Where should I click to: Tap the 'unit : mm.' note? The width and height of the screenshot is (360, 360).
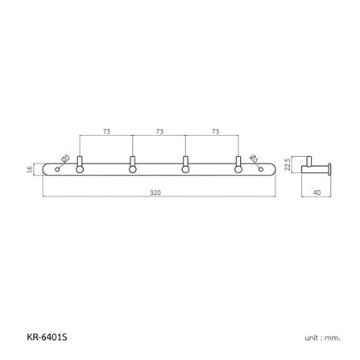[x=323, y=337]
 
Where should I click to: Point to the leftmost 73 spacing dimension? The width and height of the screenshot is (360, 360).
[x=106, y=130]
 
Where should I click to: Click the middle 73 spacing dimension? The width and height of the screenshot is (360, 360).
[x=159, y=130]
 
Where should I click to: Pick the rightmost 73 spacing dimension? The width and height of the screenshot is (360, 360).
[x=213, y=130]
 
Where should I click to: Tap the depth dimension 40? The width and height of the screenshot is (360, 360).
[x=317, y=192]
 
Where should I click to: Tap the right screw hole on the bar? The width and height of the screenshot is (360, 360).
[x=261, y=168]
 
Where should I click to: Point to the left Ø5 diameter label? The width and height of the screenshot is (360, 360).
[x=66, y=158]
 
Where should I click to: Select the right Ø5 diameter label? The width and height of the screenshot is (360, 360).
[x=254, y=158]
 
